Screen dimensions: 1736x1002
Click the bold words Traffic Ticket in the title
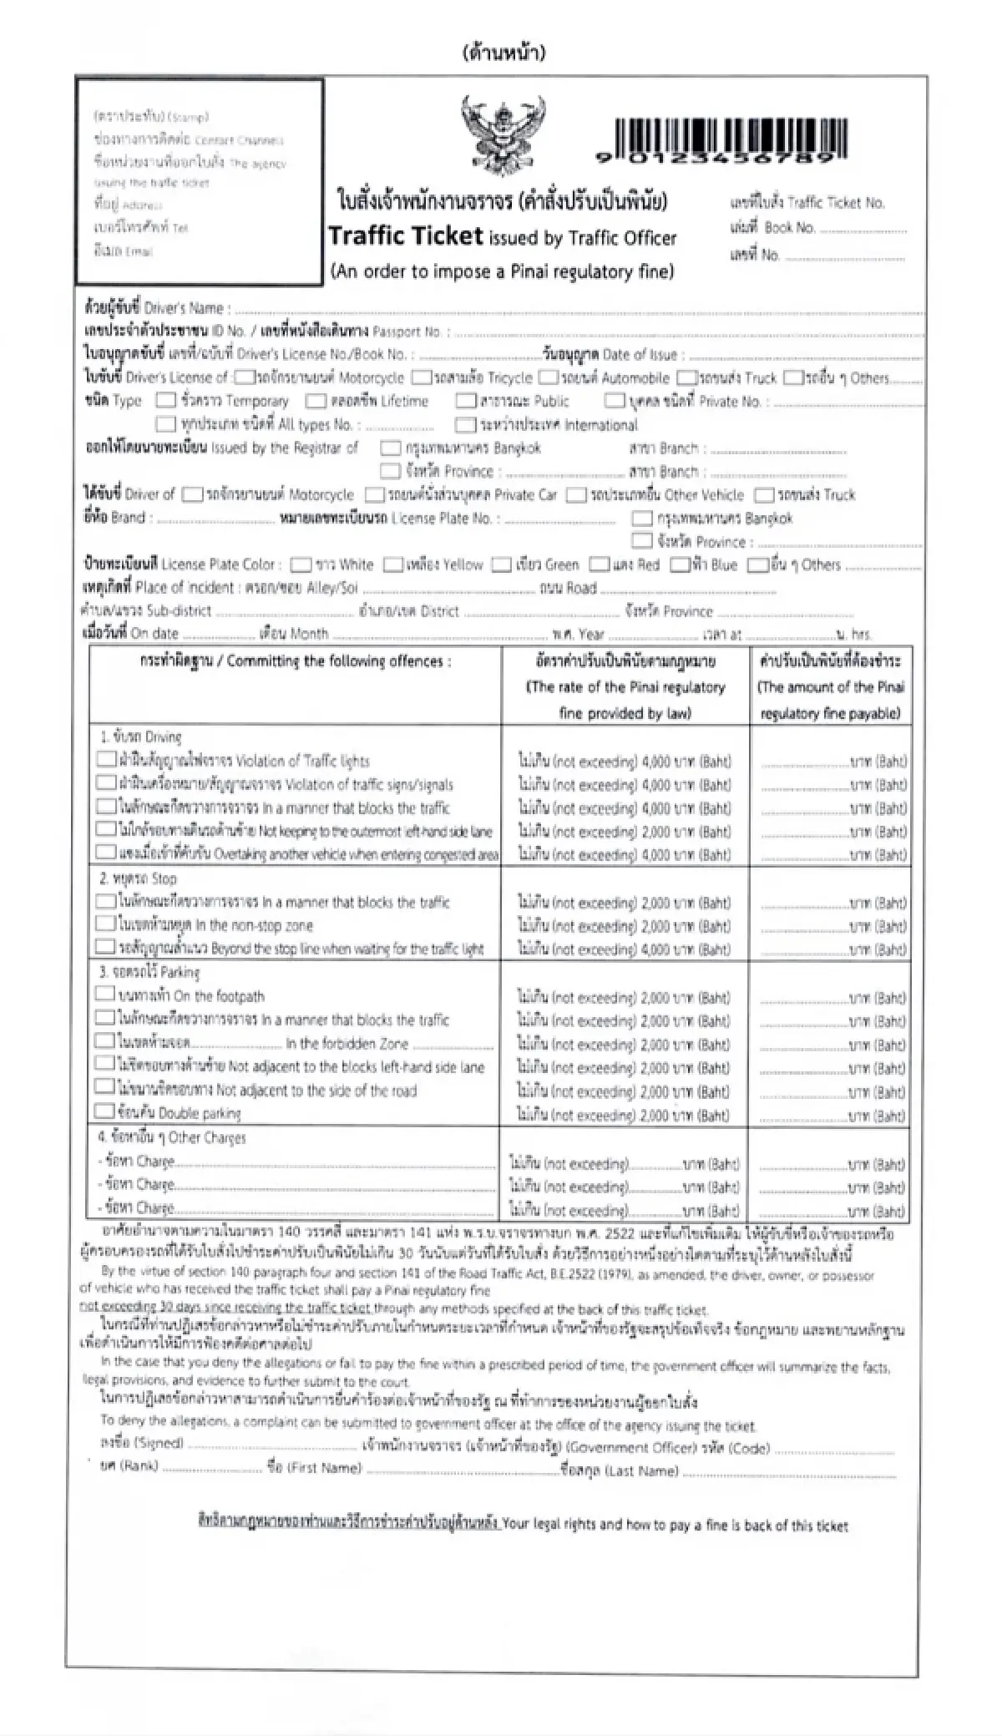click(406, 236)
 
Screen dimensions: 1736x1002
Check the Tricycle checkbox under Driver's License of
click(423, 378)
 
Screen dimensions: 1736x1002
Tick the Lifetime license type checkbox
click(316, 402)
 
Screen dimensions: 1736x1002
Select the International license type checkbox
click(466, 425)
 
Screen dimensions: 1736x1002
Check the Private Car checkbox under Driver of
click(375, 495)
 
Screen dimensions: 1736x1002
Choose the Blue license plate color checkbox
click(680, 565)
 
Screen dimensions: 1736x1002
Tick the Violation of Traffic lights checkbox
click(106, 760)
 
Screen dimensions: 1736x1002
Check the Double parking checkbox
click(104, 1111)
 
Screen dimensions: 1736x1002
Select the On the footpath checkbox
click(104, 995)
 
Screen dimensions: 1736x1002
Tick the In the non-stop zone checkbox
click(105, 924)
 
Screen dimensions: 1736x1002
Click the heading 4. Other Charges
click(173, 1137)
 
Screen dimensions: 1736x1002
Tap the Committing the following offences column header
click(296, 662)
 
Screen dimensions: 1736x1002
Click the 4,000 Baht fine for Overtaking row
click(625, 855)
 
